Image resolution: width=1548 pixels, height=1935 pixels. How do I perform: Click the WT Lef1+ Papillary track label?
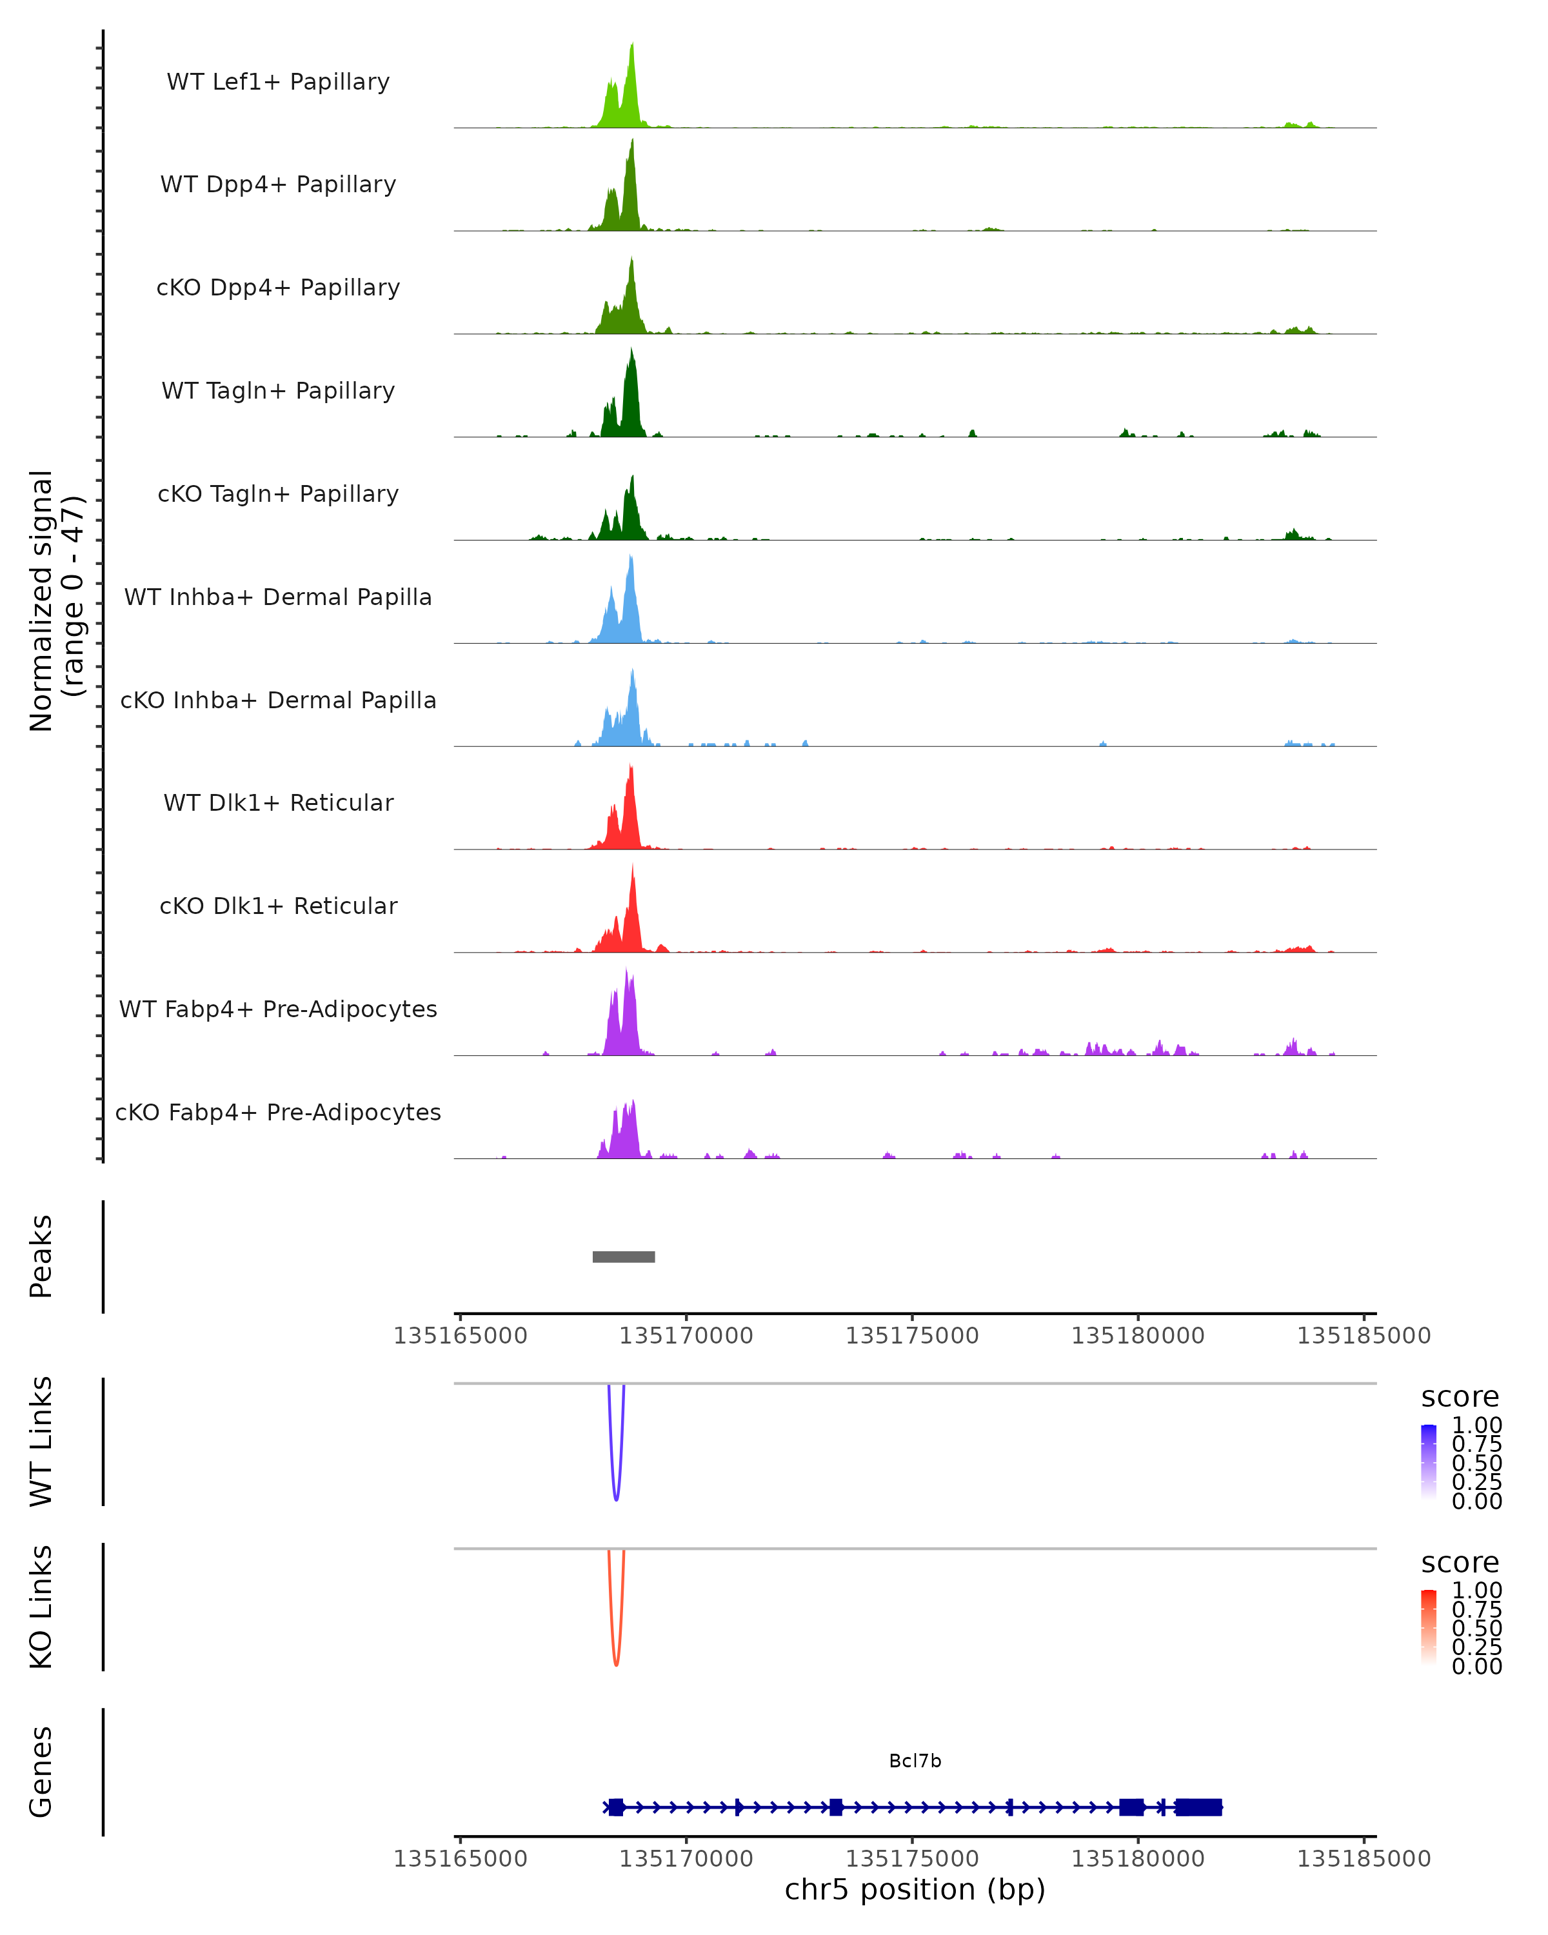coord(278,82)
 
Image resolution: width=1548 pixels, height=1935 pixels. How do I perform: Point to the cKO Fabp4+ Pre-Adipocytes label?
coord(278,1112)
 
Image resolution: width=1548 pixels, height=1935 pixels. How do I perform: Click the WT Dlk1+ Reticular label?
coord(278,802)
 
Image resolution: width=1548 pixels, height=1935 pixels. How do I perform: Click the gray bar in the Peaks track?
coord(624,1256)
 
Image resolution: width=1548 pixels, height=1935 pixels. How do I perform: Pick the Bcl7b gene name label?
coord(915,1760)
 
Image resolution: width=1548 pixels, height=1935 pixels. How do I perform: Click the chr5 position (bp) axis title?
coord(915,1889)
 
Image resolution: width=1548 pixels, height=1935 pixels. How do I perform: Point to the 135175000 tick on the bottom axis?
coord(912,1858)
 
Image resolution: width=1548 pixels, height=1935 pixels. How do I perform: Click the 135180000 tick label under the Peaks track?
coord(1138,1336)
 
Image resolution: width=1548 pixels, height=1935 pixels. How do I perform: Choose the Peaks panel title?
coord(41,1256)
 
